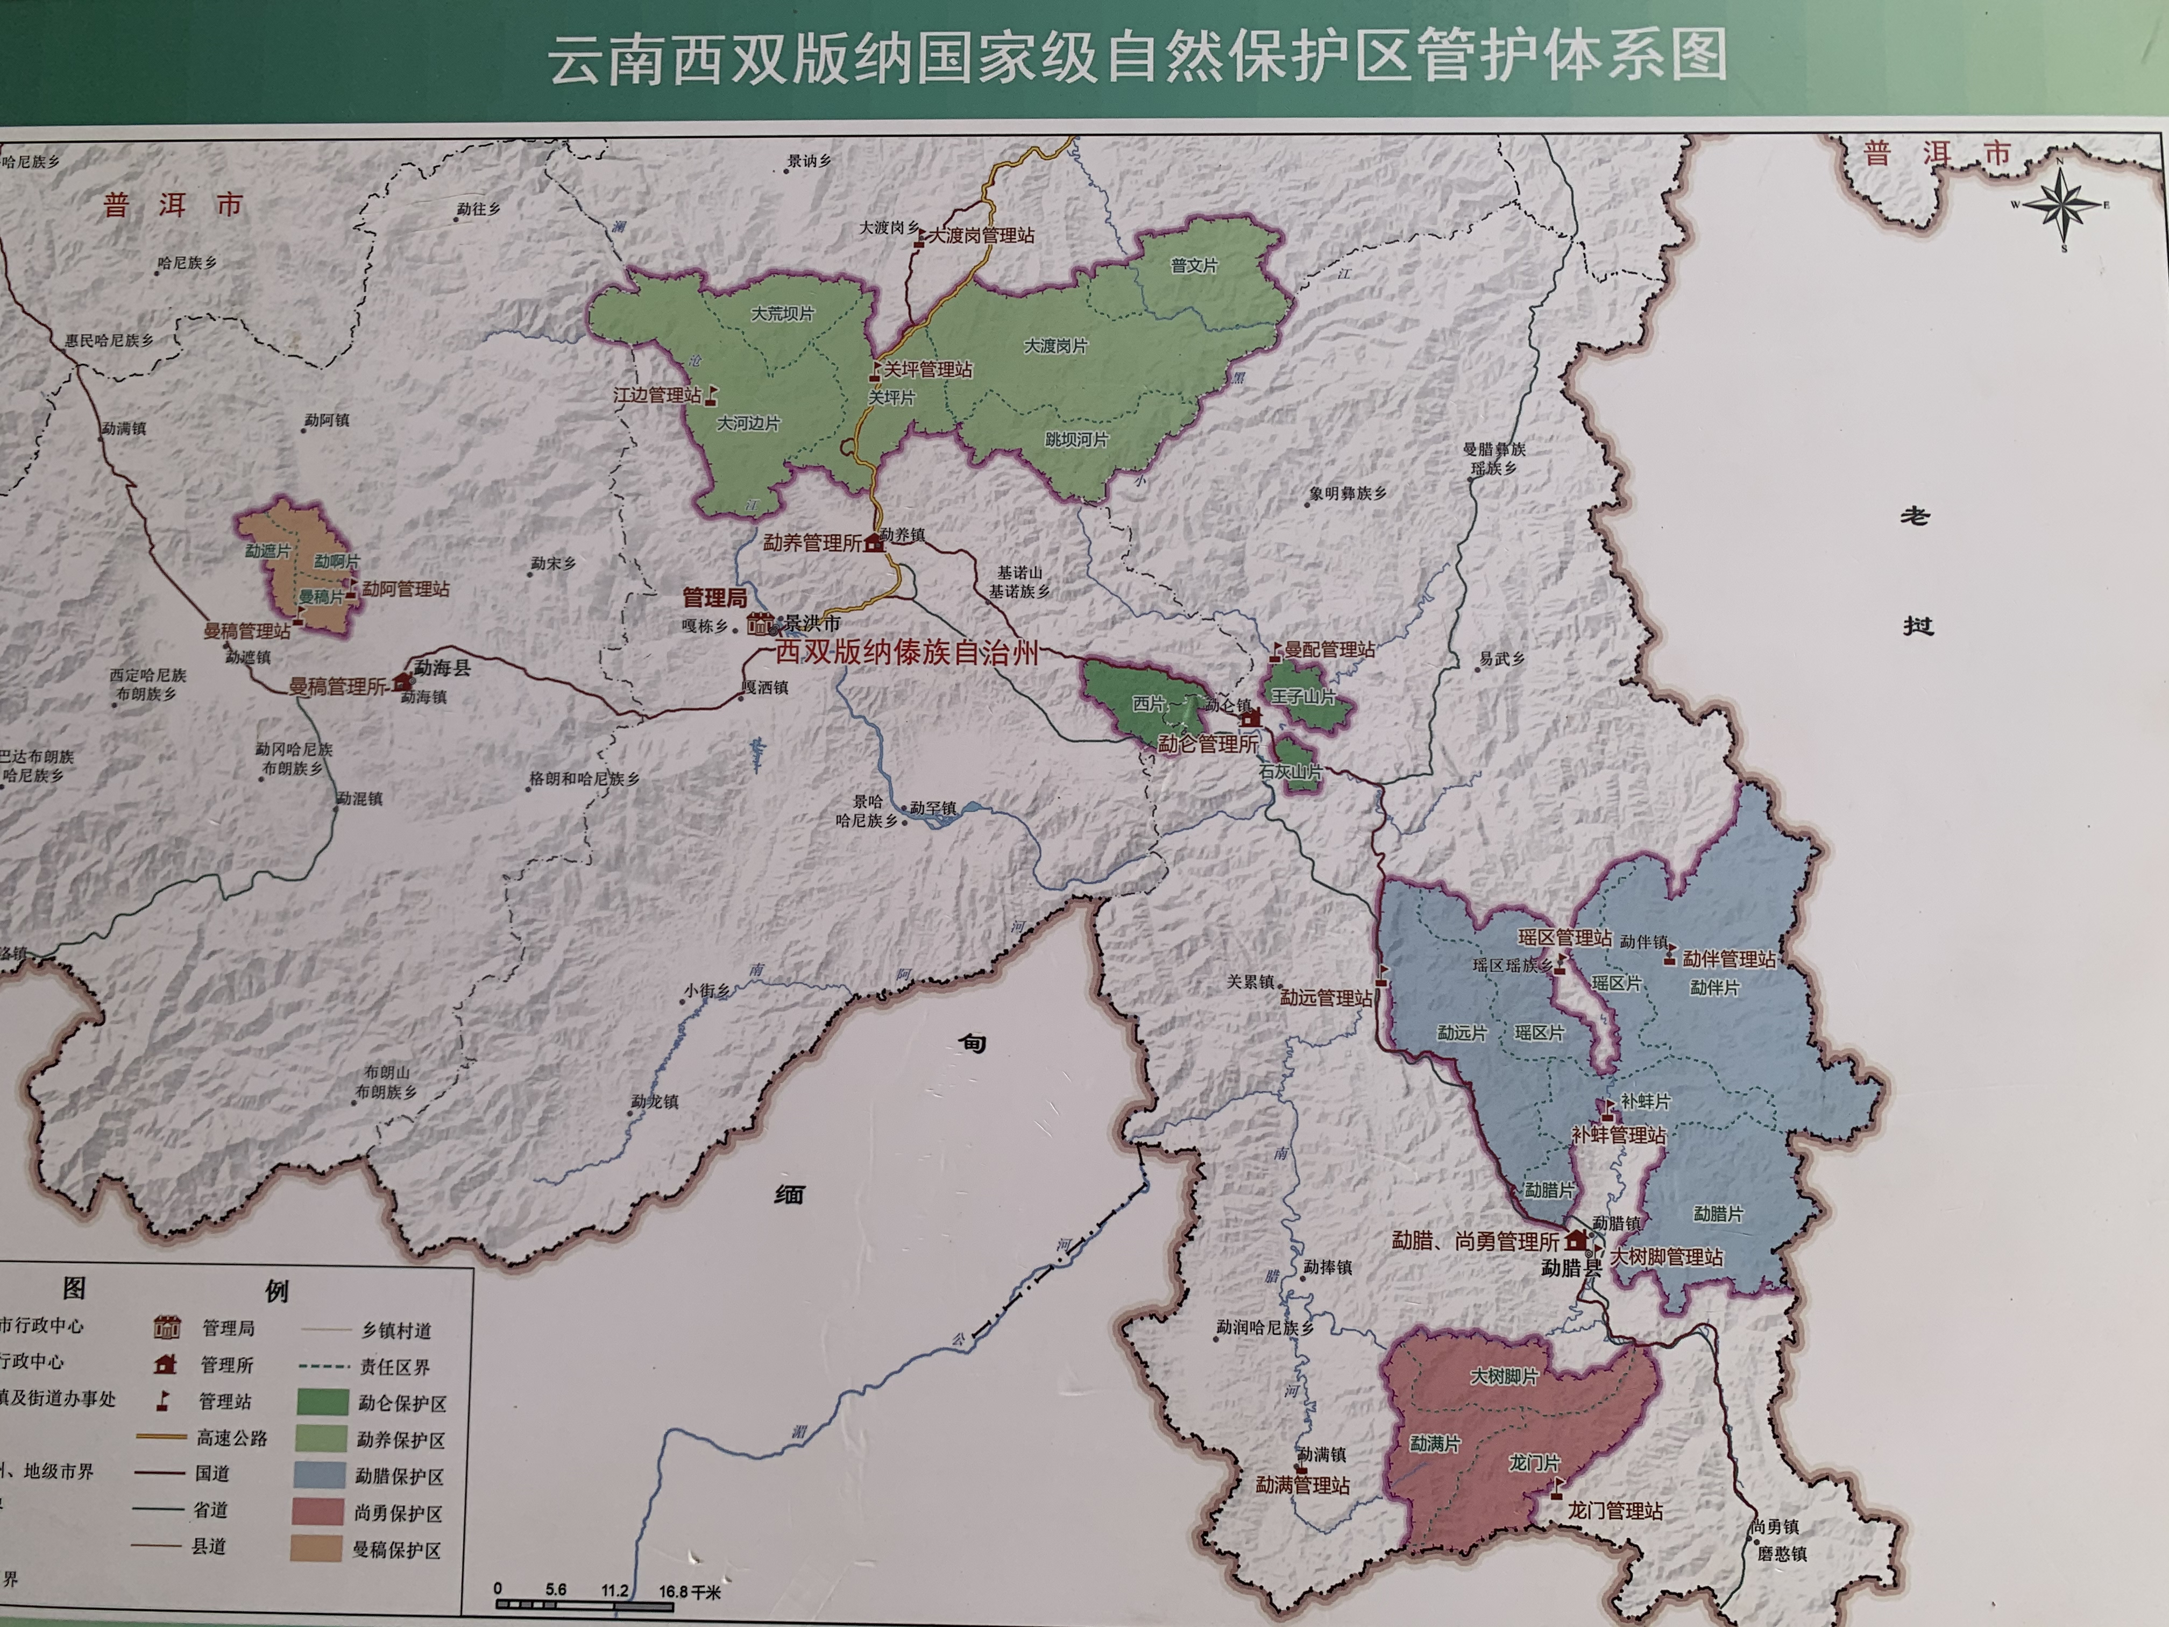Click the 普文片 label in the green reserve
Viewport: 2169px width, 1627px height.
pyautogui.click(x=1194, y=266)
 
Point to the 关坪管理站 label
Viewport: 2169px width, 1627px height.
pyautogui.click(x=927, y=370)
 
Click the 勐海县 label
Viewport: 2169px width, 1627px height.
pyautogui.click(x=442, y=668)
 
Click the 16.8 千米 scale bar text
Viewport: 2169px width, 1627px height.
pyautogui.click(x=689, y=1591)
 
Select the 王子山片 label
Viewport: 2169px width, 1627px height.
pyautogui.click(x=1303, y=697)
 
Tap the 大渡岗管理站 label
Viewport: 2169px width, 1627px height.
pyautogui.click(x=981, y=235)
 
